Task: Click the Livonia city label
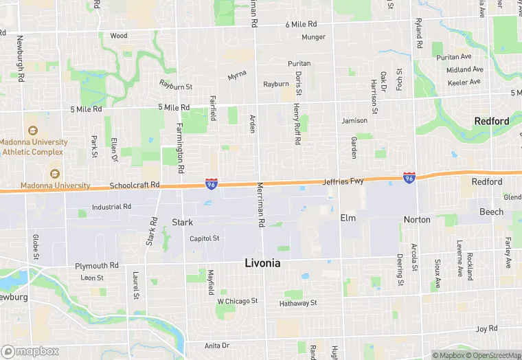click(263, 263)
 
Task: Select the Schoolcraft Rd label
click(134, 185)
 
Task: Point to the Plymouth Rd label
click(97, 265)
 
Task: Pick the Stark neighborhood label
click(182, 223)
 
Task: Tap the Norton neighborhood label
click(417, 220)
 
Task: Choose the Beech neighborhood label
click(491, 212)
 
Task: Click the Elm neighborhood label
click(348, 218)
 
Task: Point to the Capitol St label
click(205, 238)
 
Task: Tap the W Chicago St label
click(237, 301)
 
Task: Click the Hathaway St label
click(298, 303)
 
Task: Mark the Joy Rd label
click(486, 329)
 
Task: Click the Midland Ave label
click(464, 69)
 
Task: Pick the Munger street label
click(313, 37)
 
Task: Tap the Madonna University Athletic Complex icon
click(32, 131)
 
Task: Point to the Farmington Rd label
click(180, 147)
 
